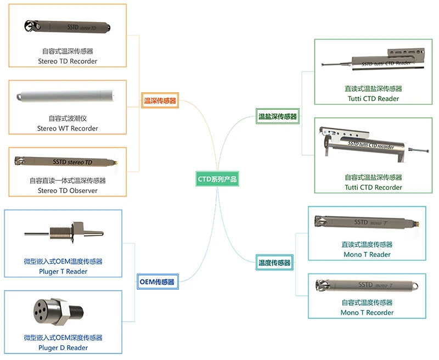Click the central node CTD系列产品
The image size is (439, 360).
coord(218,179)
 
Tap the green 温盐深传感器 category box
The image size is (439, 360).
coord(278,116)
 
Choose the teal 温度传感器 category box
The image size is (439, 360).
coord(274,263)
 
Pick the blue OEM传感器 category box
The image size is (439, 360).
coord(156,282)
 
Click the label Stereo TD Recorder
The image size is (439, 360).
coord(67,61)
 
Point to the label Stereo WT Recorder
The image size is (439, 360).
coord(67,128)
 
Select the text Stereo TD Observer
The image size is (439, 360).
coord(67,190)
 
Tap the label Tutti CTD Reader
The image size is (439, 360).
coord(373,99)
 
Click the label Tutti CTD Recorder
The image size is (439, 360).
coord(373,187)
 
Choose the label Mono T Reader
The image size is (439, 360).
coord(367,255)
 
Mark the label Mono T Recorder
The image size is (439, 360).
coord(367,313)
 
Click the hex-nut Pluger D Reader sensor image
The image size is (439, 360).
coord(57,312)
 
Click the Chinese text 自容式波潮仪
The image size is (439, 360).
coord(67,118)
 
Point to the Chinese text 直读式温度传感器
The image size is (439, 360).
coord(367,245)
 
